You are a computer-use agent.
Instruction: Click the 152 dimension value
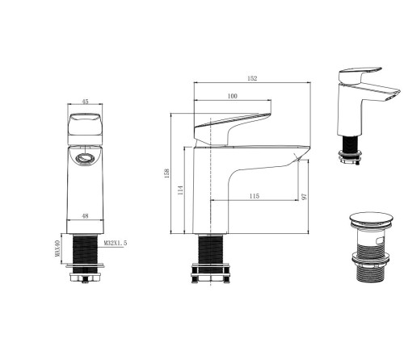click(x=252, y=78)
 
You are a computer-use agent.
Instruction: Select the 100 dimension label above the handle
click(x=233, y=96)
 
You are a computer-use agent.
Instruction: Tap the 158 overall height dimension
click(x=166, y=173)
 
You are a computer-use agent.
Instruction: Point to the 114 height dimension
click(x=180, y=190)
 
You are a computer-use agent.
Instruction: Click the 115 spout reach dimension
click(x=255, y=196)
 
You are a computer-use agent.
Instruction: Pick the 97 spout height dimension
click(x=305, y=197)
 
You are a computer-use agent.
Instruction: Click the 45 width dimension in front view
click(x=85, y=102)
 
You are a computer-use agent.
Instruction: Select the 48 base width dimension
click(x=85, y=215)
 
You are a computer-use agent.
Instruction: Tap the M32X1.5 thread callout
click(x=116, y=243)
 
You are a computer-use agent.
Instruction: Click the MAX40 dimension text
click(x=57, y=248)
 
